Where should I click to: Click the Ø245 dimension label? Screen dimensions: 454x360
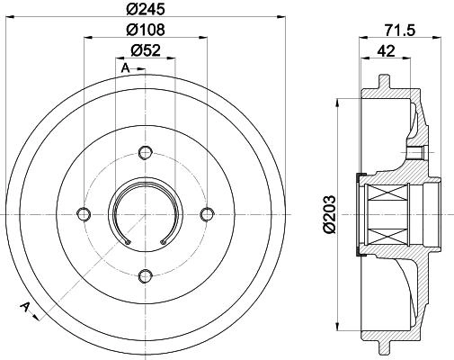click(x=146, y=9)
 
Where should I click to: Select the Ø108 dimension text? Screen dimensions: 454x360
click(x=146, y=30)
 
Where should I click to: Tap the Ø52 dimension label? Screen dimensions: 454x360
click(x=146, y=50)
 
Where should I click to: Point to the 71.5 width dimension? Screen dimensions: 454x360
click(x=400, y=31)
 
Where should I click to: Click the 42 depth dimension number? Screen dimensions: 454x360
click(x=386, y=50)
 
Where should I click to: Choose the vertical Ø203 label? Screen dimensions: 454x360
click(x=329, y=214)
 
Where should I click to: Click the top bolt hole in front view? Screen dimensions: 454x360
click(x=146, y=153)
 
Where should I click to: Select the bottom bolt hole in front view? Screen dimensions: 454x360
click(x=146, y=276)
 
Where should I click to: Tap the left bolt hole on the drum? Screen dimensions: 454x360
click(x=84, y=213)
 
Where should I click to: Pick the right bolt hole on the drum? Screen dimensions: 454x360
click(x=207, y=213)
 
